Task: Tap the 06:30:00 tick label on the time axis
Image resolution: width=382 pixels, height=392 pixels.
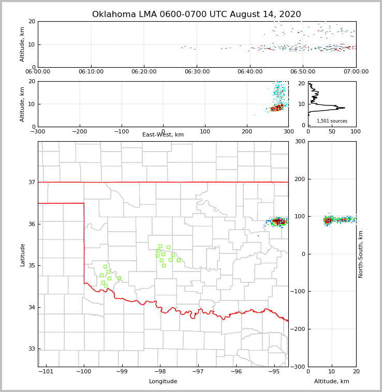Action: pyautogui.click(x=197, y=72)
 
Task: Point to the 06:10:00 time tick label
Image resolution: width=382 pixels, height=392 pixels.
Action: pyautogui.click(x=91, y=72)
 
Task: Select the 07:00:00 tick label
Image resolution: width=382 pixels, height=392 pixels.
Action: pyautogui.click(x=356, y=72)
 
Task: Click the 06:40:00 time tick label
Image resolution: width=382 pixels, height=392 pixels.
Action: pyautogui.click(x=250, y=72)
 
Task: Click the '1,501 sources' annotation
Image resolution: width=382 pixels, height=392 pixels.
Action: pyautogui.click(x=332, y=121)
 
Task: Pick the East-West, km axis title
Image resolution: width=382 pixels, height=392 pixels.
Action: pyautogui.click(x=163, y=135)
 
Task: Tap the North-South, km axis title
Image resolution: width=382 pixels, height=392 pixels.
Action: pyautogui.click(x=361, y=254)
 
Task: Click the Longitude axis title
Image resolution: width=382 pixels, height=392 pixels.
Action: pyautogui.click(x=163, y=382)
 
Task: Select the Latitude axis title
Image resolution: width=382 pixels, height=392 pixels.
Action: pyautogui.click(x=22, y=254)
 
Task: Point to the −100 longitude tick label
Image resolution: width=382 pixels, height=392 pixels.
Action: pyautogui.click(x=84, y=371)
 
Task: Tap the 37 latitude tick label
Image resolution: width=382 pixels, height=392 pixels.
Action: pyautogui.click(x=31, y=182)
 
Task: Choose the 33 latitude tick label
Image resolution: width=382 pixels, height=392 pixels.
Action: pyautogui.click(x=31, y=349)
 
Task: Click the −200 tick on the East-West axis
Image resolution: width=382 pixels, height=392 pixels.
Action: pyautogui.click(x=80, y=131)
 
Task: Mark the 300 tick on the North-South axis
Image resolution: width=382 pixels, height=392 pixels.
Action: pyautogui.click(x=300, y=142)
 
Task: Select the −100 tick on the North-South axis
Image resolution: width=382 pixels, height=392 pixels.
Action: pyautogui.click(x=298, y=292)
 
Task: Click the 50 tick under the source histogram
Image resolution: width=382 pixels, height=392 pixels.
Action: pyautogui.click(x=332, y=131)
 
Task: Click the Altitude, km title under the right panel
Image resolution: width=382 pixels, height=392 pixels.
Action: pyautogui.click(x=332, y=382)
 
